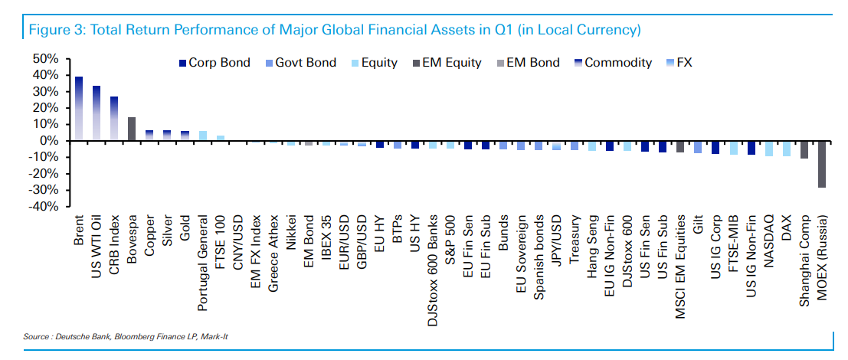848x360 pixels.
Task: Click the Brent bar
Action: click(78, 108)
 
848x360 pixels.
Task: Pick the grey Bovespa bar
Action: click(132, 129)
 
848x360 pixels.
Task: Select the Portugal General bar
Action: click(202, 136)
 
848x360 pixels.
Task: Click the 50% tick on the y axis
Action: click(45, 59)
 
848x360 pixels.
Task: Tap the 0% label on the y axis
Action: click(48, 141)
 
